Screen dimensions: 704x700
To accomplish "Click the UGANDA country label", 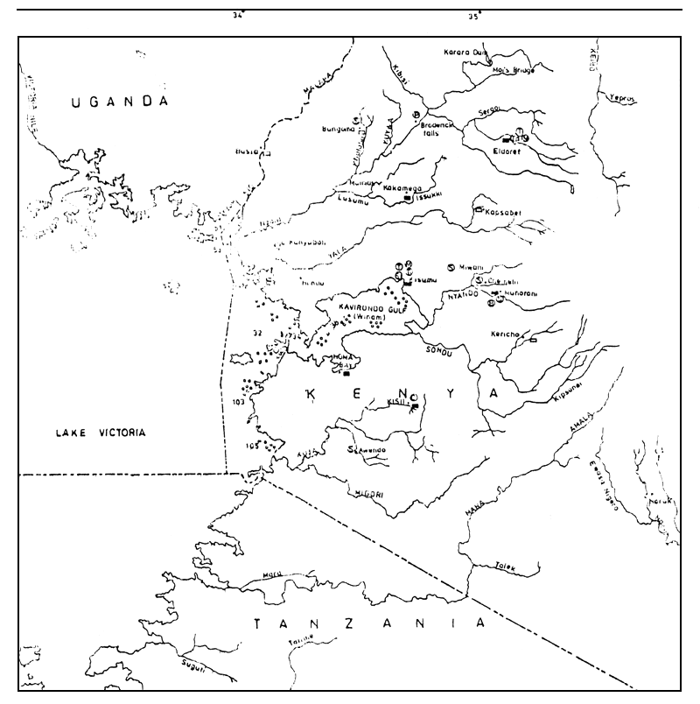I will [x=120, y=102].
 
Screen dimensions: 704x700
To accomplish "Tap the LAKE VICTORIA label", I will [x=98, y=433].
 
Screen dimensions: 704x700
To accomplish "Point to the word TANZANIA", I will [x=368, y=624].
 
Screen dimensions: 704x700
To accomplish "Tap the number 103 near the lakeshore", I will [x=239, y=402].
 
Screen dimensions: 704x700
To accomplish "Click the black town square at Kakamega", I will [x=409, y=199].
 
